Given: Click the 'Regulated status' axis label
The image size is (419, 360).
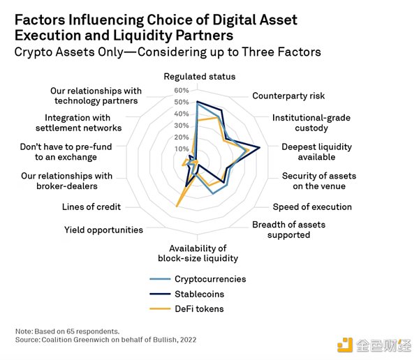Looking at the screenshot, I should pos(199,76).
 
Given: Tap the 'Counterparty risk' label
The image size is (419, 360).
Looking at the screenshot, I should pos(288,96).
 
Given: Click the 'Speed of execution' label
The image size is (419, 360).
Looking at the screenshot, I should pos(312,207).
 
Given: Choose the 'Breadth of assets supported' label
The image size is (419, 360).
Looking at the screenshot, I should pos(288,230).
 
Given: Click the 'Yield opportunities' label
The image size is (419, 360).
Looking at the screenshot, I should pos(103,230).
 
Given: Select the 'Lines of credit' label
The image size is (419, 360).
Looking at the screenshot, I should pos(91,207).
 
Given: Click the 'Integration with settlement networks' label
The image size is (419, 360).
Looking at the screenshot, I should pos(83,123).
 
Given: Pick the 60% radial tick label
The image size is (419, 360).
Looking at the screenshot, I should pos(182,90).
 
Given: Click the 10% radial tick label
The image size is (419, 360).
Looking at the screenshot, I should pos(182,149).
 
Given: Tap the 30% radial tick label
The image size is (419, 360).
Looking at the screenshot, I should pos(182,126).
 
